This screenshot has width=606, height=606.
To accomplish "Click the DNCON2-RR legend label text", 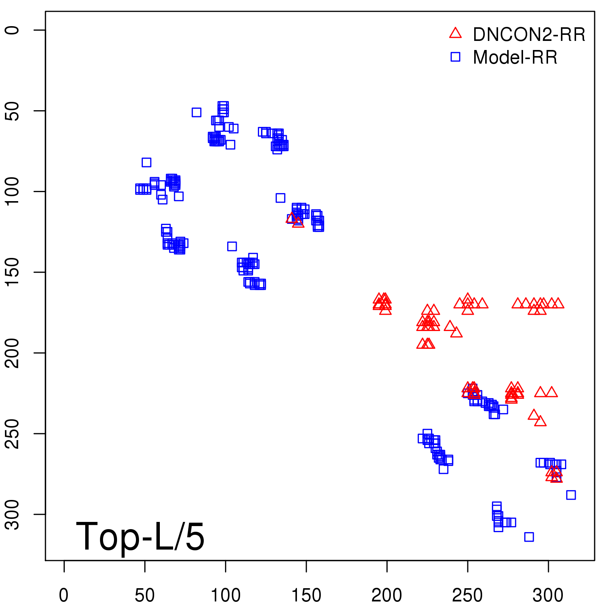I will (529, 35).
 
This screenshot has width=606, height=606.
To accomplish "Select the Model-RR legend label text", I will (515, 58).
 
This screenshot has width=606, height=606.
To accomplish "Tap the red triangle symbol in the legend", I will (455, 33).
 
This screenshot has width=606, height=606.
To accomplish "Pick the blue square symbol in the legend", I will (455, 57).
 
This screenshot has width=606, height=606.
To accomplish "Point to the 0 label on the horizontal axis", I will (64, 595).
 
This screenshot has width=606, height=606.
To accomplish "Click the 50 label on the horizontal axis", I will (145, 595).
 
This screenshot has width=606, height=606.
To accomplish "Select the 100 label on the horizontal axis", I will (225, 595).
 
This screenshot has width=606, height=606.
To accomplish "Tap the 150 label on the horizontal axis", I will (306, 595).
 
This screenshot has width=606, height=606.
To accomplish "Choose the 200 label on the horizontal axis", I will (387, 595).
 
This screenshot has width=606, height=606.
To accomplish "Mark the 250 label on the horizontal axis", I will (467, 595).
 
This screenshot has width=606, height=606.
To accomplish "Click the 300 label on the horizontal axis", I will (548, 595).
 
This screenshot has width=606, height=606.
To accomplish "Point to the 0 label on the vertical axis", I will (12, 30).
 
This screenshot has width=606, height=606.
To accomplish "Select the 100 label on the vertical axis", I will (12, 192).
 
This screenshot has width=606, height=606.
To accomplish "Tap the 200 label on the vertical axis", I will (12, 353).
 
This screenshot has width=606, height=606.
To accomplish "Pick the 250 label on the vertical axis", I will (12, 434).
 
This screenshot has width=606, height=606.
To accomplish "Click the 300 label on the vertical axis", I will (12, 514).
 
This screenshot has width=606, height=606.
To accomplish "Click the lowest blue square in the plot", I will (529, 537).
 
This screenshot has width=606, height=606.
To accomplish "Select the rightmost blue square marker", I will (571, 495).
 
